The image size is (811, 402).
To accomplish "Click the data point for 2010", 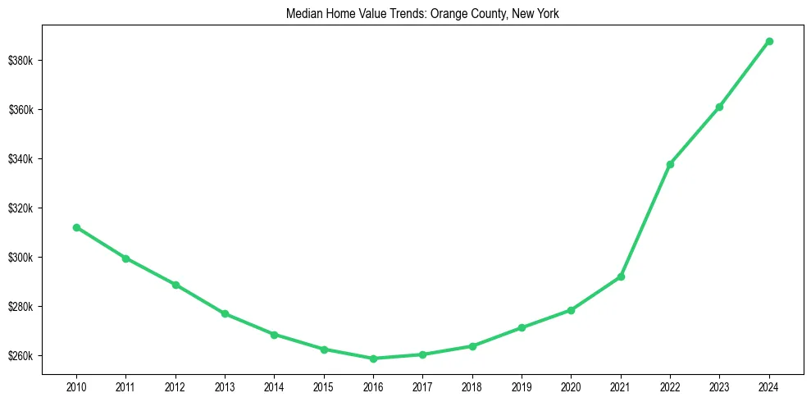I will [x=76, y=227].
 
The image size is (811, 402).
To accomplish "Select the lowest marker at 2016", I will [x=373, y=359].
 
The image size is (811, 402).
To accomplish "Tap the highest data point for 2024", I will [x=769, y=41].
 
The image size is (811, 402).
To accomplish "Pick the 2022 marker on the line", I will [x=670, y=164].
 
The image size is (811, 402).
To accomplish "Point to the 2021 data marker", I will [x=621, y=276].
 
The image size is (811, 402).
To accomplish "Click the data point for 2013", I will [x=225, y=313].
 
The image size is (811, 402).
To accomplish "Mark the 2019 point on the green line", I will [x=522, y=328].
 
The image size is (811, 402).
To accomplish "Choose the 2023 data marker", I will [x=719, y=107].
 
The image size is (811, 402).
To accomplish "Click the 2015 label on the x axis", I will [x=324, y=386].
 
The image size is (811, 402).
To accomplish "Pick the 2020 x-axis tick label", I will [x=571, y=386].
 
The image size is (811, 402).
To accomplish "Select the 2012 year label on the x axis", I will [x=175, y=386].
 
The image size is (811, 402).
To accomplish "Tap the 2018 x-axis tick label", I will [x=472, y=386].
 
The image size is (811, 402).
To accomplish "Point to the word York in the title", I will [x=546, y=14].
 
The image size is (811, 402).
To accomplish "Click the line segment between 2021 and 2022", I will [x=645, y=221].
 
